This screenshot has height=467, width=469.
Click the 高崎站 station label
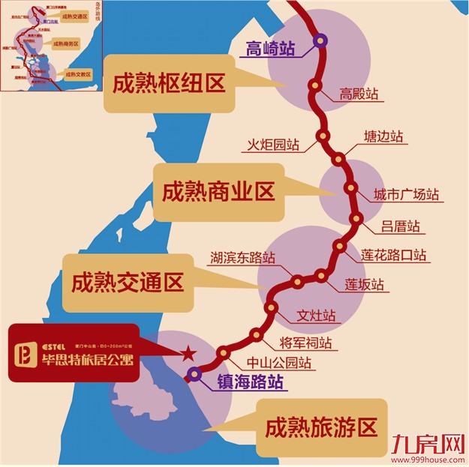pyautogui.click(x=271, y=49)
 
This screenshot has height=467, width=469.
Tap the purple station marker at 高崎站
pyautogui.click(x=321, y=41)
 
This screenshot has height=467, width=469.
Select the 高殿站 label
pyautogui.click(x=358, y=94)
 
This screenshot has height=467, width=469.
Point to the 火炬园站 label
pyautogui.click(x=275, y=144)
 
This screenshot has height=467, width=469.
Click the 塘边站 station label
pyautogui.click(x=383, y=137)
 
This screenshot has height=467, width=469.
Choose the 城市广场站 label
pyautogui.click(x=406, y=195)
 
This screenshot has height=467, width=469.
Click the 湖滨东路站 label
pyautogui.click(x=242, y=259)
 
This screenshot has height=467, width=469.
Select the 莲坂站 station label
pyautogui.click(x=364, y=285)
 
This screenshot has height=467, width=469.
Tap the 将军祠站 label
pyautogui.click(x=305, y=343)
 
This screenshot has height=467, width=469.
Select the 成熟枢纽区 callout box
pyautogui.click(x=169, y=82)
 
